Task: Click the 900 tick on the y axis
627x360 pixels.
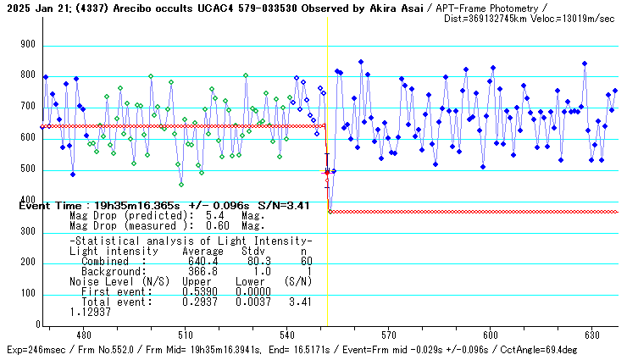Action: (x=27, y=44)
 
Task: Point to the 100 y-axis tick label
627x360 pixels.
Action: (x=27, y=293)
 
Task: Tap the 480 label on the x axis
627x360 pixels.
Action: (x=84, y=335)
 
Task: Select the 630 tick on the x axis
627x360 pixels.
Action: (x=591, y=335)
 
